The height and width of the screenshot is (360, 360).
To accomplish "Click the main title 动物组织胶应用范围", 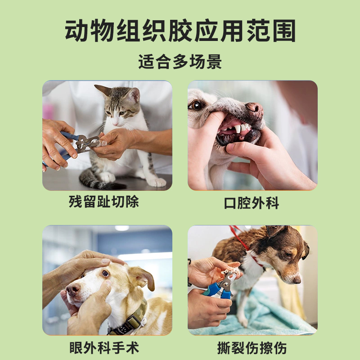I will pyautogui.click(x=180, y=31).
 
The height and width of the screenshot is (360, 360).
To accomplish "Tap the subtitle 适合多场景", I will pyautogui.click(x=180, y=62).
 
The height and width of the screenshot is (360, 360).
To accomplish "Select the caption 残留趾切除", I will pyautogui.click(x=104, y=202).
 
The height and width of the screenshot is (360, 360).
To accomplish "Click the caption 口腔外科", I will pyautogui.click(x=252, y=203).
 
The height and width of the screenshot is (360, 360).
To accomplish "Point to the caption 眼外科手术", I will pyautogui.click(x=104, y=347).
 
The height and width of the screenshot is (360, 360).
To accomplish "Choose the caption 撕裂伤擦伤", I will pyautogui.click(x=252, y=347).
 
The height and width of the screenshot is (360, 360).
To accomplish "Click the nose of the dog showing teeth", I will pyautogui.click(x=255, y=110).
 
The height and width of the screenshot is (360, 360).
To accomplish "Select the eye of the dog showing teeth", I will pyautogui.click(x=197, y=105).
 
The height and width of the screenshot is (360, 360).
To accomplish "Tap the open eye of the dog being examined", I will pyautogui.click(x=105, y=273).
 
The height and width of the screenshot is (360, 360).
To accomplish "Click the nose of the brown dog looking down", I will pyautogui.click(x=297, y=279).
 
